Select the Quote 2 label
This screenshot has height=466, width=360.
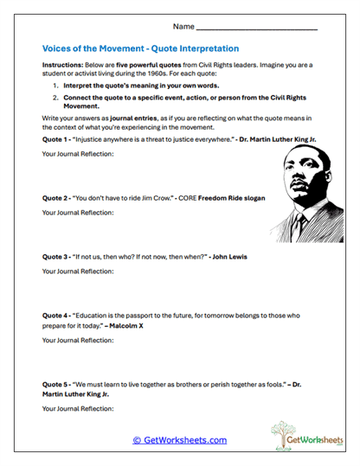point(56,198)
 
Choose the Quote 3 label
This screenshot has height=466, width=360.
point(56,257)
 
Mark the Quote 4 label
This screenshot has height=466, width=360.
point(56,316)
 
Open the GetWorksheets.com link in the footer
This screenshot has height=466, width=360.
point(179,440)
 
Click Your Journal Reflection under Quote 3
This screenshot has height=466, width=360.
point(78,271)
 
